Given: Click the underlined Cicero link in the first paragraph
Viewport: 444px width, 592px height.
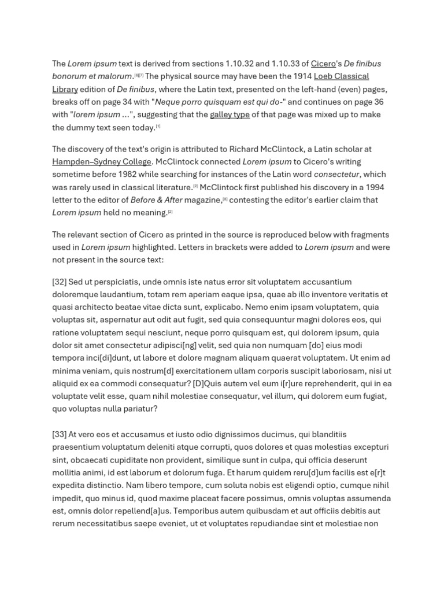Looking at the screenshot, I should point(323,64).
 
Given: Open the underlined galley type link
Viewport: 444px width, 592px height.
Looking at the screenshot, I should point(230,114).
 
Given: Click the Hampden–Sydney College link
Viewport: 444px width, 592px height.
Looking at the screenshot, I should point(102,162).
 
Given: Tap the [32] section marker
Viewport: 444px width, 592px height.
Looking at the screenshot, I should point(59,282).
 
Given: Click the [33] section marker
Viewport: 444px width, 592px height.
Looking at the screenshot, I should point(59,435).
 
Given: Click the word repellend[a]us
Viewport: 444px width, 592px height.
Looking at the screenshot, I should point(140,511).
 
